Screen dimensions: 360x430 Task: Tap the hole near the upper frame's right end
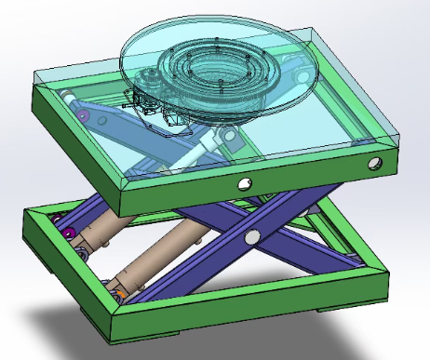point(374,164)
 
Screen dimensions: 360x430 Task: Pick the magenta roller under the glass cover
point(84,115)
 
